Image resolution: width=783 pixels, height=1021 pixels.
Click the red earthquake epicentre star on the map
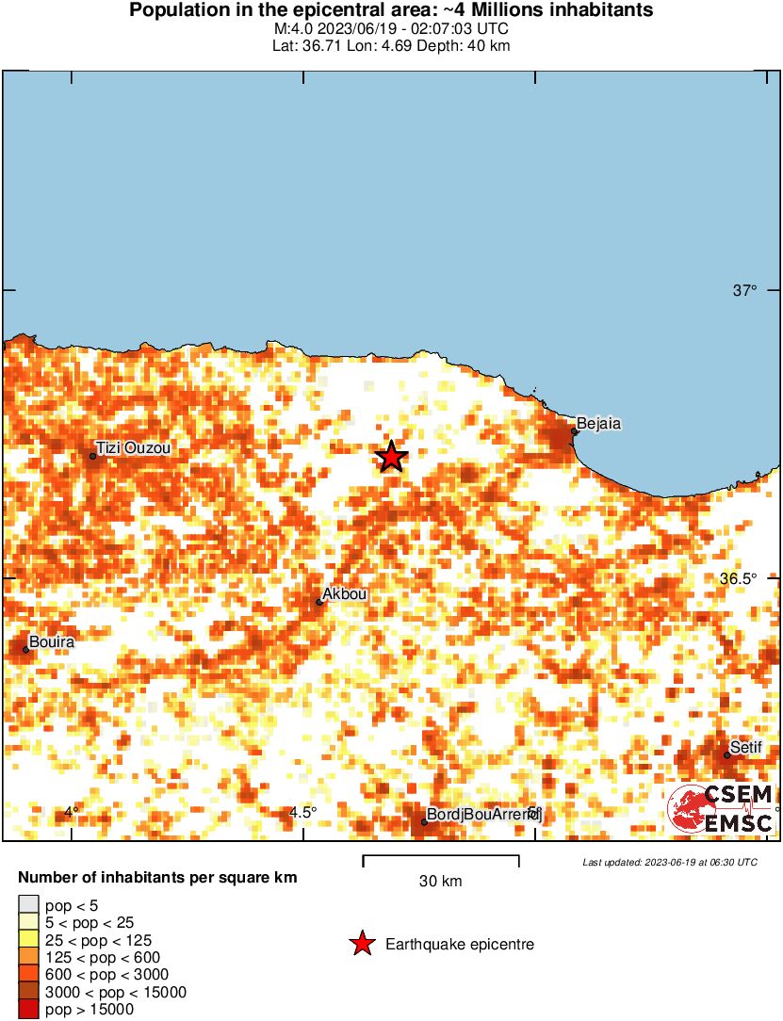tap(391, 457)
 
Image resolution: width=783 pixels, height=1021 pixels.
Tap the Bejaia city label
tap(598, 423)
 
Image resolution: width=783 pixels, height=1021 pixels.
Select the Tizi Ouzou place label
tap(134, 448)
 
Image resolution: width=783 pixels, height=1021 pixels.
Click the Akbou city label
tap(344, 594)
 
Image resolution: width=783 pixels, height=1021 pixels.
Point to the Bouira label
tap(52, 642)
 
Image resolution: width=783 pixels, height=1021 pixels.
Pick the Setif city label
tap(745, 747)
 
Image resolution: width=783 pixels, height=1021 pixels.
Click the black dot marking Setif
tap(727, 754)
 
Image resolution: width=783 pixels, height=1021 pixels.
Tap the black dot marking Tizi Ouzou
tap(92, 456)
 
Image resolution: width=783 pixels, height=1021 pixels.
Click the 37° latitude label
tap(744, 290)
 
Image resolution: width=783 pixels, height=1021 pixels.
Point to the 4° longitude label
tap(71, 812)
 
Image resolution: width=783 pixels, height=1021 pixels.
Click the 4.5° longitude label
tap(302, 812)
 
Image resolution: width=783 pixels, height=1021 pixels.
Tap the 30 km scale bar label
tap(440, 882)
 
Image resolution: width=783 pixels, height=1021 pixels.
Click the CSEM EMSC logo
tap(721, 809)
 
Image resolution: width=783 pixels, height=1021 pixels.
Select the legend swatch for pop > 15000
tap(28, 1010)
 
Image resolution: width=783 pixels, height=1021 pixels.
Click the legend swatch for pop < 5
tap(28, 905)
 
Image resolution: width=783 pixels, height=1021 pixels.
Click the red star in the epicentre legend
tap(361, 944)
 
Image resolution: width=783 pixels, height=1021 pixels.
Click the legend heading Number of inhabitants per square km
tap(157, 878)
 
